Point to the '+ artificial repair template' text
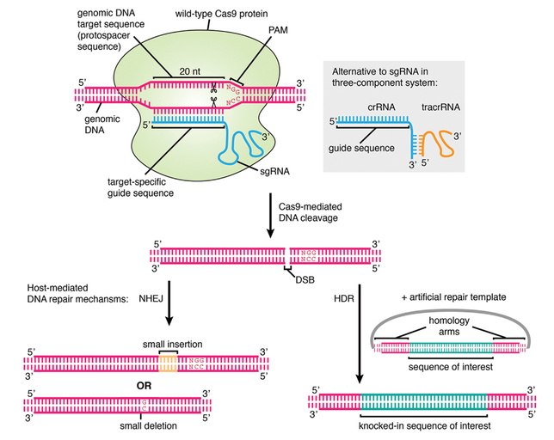[452, 295]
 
